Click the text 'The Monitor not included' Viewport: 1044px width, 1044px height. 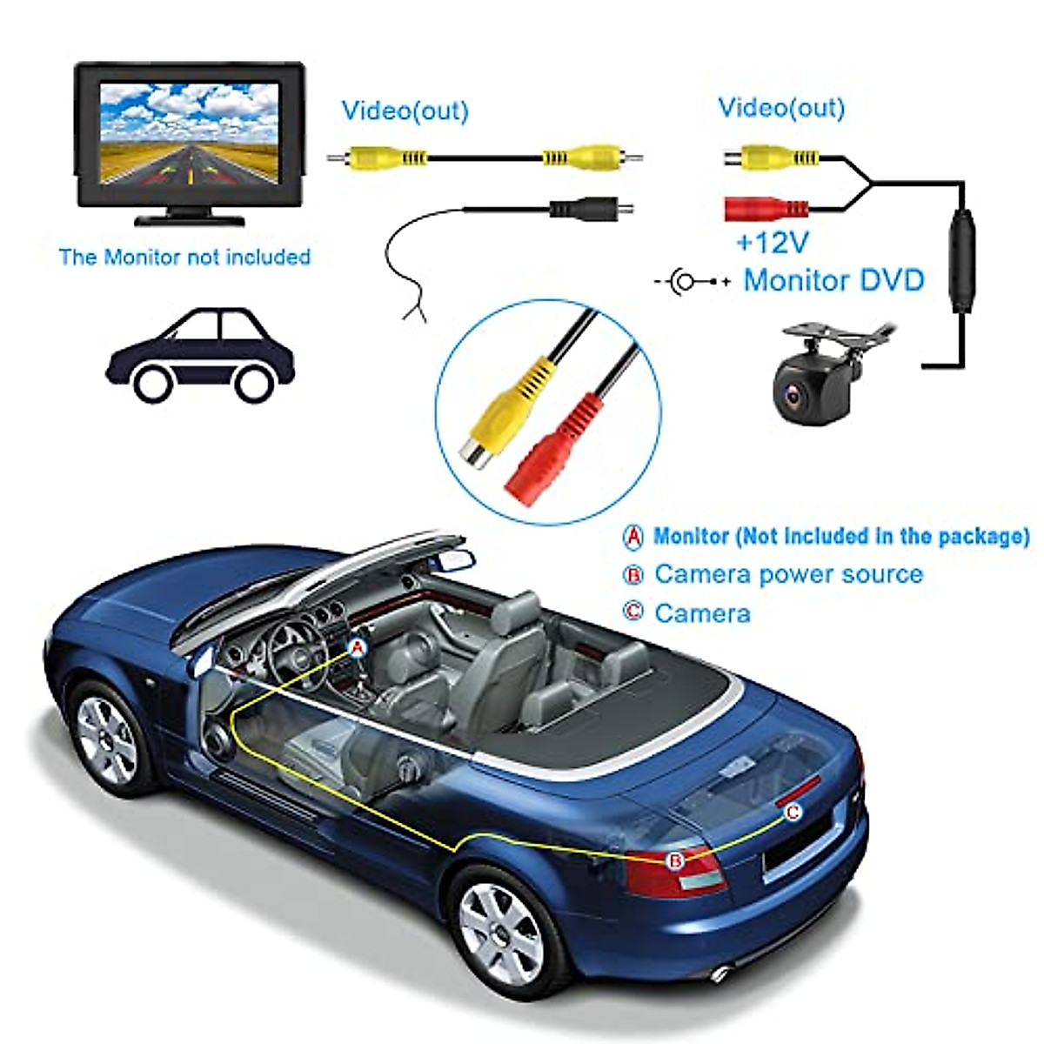tap(184, 258)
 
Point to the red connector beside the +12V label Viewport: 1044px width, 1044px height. tap(766, 208)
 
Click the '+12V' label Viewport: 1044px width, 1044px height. tap(773, 243)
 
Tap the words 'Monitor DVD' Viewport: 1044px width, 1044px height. tap(833, 280)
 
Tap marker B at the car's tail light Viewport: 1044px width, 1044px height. tap(675, 860)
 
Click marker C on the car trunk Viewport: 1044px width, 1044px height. tap(793, 813)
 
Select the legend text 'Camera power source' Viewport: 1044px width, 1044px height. tap(788, 574)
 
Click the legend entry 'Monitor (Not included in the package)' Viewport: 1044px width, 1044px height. tap(840, 536)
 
